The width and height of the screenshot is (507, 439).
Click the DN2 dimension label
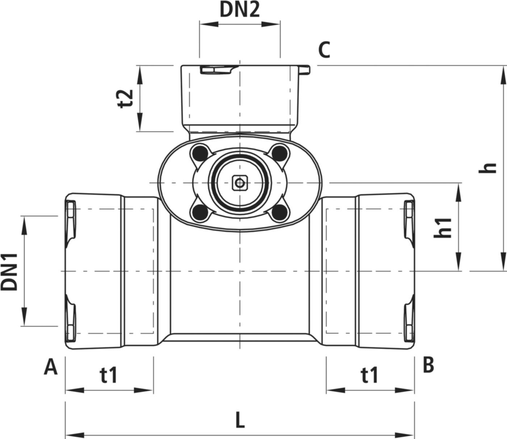click(x=240, y=11)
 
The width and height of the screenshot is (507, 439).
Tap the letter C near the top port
click(x=324, y=51)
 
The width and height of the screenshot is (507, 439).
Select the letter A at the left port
click(x=51, y=367)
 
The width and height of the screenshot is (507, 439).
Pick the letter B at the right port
click(x=428, y=365)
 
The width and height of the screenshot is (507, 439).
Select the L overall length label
click(x=239, y=421)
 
